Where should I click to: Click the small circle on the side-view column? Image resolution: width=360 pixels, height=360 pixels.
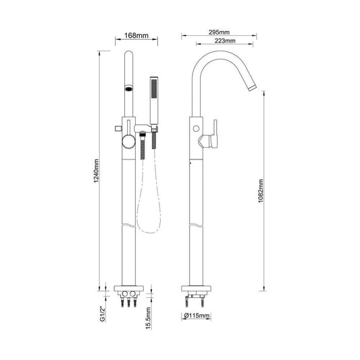(196, 128)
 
